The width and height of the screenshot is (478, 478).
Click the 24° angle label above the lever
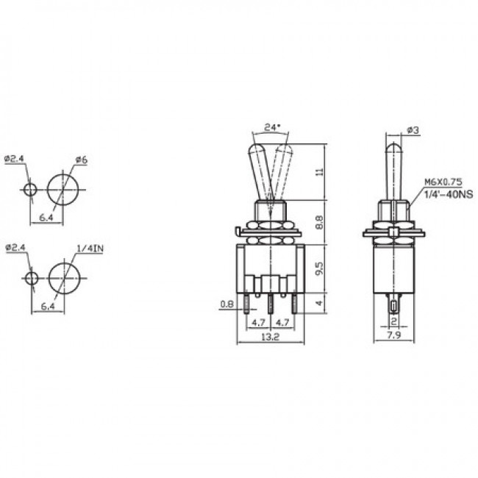tap(271, 127)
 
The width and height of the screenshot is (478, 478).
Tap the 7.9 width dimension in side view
tap(395, 337)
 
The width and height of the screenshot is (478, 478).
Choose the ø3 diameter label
tap(412, 132)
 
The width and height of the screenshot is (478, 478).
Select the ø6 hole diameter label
tap(82, 160)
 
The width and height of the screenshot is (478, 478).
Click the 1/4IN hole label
tap(90, 249)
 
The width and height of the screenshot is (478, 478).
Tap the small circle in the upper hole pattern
tap(30, 190)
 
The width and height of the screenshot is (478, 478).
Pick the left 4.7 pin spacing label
tap(258, 321)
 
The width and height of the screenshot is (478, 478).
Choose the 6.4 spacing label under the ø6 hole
tap(46, 218)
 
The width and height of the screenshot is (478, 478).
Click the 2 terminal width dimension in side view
tap(394, 321)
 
